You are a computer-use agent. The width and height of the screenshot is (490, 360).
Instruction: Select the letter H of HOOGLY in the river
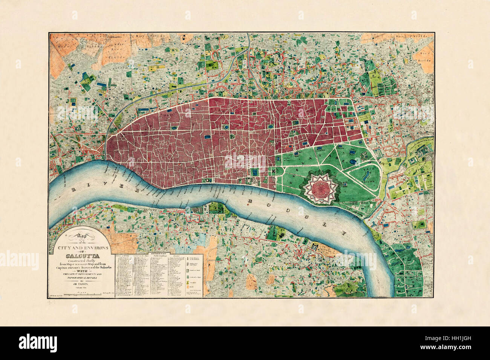pyautogui.click(x=249, y=202)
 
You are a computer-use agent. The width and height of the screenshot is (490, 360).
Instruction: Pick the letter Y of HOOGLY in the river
pyautogui.click(x=344, y=233)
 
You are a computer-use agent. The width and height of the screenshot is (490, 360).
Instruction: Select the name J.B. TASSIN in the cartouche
pyautogui.click(x=83, y=284)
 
